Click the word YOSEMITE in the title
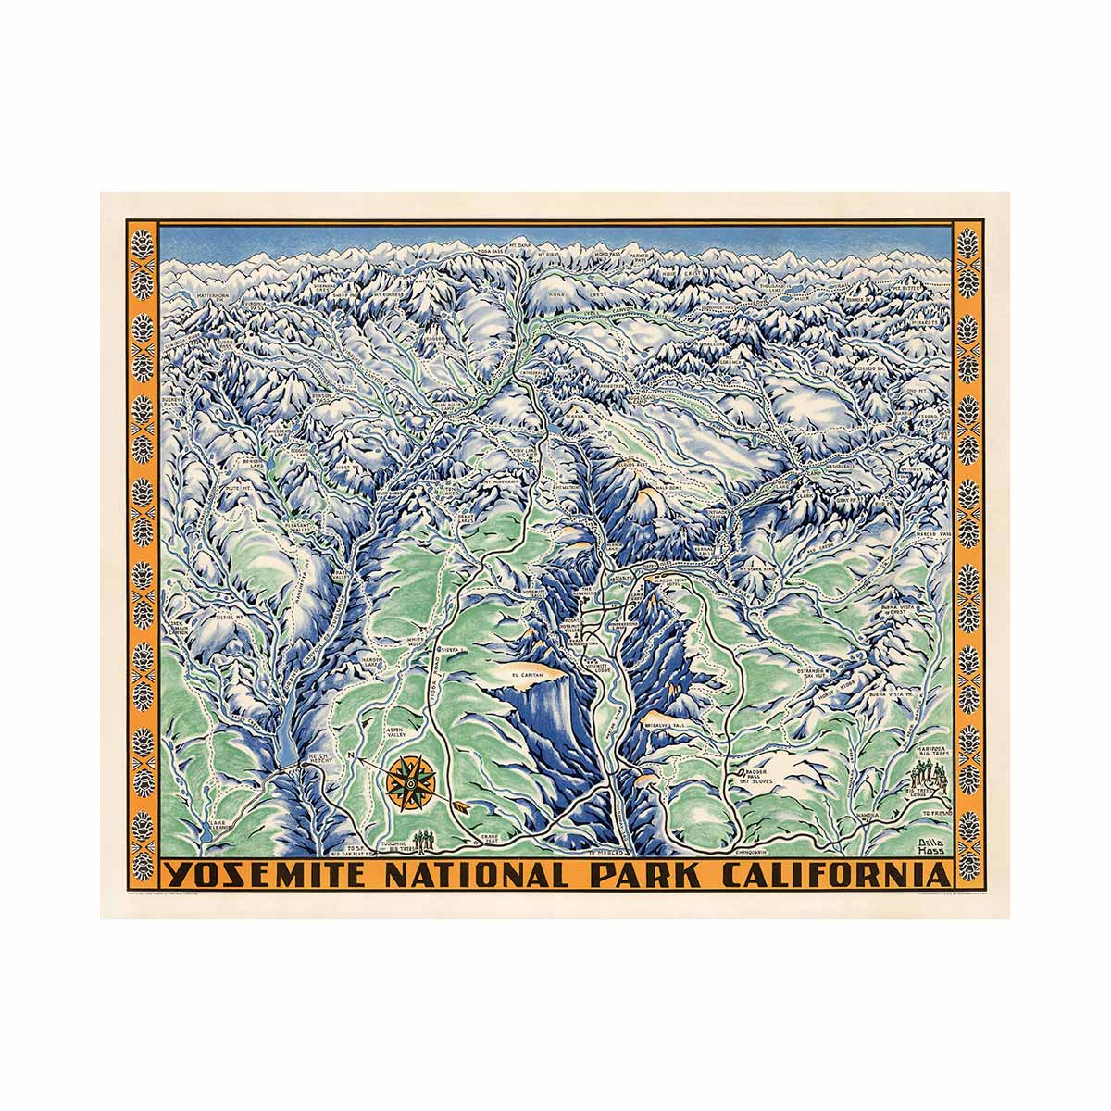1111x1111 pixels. (267, 876)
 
